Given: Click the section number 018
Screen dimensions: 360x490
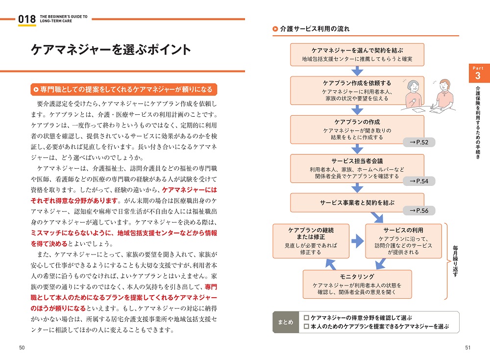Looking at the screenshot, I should coord(26,19).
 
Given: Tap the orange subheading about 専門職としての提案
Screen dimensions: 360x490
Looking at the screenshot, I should coord(123,89).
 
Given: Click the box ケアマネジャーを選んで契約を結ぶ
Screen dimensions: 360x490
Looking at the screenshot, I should coord(357,54).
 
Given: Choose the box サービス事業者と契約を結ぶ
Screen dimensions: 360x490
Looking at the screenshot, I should coord(357,202).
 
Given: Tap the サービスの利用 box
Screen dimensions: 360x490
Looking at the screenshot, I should coord(403,241).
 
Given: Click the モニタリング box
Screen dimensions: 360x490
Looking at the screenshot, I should coord(357,284).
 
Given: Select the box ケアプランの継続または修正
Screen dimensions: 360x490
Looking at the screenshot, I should coord(311,241).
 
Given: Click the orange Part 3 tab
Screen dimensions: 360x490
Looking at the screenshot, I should coord(477,73).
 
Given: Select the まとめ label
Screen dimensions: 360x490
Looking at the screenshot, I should coord(285,322).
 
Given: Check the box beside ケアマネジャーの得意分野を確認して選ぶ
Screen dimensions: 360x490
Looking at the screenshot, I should coord(306,318).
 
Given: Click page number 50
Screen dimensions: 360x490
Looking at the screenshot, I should coord(22,348).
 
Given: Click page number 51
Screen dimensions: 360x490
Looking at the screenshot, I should coord(468,348).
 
